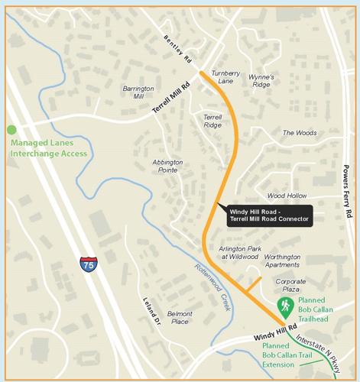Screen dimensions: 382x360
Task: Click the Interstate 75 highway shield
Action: [88, 265]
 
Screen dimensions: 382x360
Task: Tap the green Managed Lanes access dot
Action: [11, 130]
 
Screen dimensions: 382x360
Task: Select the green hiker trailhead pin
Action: [285, 307]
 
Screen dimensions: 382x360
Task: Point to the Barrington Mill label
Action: [138, 92]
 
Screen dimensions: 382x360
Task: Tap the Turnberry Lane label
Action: [227, 76]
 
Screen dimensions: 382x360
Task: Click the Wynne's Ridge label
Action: [263, 81]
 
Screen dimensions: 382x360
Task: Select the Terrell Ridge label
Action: [212, 121]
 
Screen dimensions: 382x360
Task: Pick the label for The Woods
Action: [300, 133]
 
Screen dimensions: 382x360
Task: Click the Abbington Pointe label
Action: [167, 166]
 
